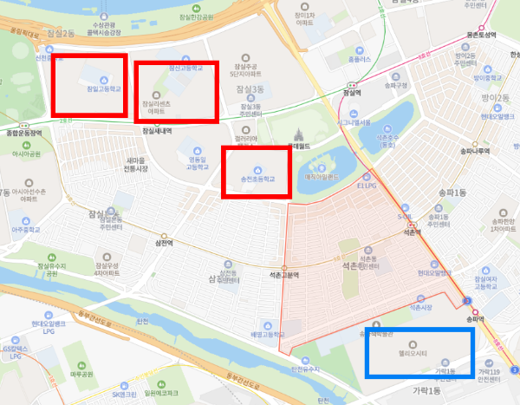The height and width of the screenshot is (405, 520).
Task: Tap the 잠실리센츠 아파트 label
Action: [157, 108]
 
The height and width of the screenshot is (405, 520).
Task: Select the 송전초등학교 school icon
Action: [256, 169]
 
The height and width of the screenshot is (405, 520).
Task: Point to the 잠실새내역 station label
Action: [156, 131]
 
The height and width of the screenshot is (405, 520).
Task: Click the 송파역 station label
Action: [476, 319]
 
